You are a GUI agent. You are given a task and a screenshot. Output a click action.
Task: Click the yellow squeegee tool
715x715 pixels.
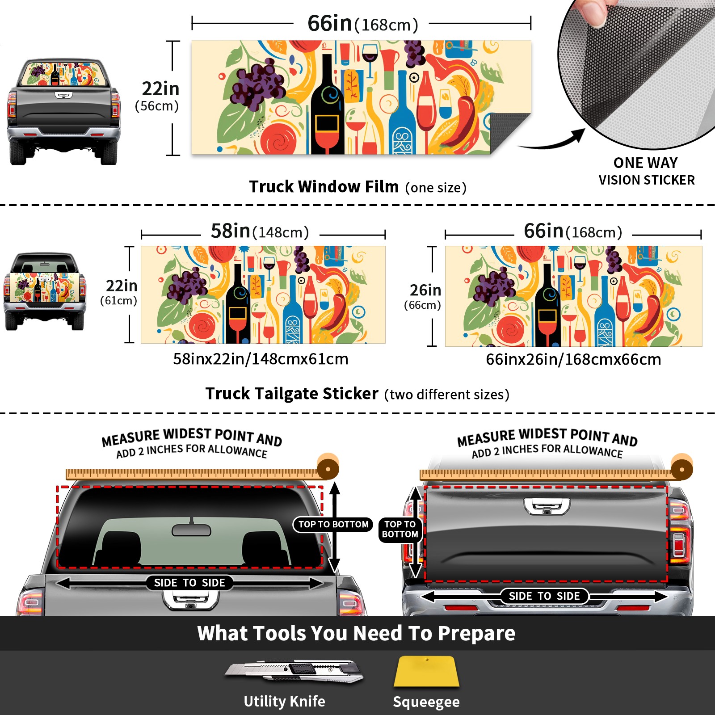tap(426, 671)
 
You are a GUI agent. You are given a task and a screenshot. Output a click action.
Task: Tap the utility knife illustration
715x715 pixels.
tap(294, 671)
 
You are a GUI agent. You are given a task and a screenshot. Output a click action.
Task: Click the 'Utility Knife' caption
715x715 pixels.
tap(284, 701)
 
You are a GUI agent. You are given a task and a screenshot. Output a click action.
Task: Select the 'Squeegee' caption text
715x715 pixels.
tap(426, 702)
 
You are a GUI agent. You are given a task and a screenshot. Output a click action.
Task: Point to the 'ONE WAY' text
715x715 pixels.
tap(645, 163)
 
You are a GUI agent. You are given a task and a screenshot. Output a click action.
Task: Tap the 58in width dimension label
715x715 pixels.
tap(260, 231)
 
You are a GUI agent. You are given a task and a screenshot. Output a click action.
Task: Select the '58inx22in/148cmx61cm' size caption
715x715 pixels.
tap(261, 359)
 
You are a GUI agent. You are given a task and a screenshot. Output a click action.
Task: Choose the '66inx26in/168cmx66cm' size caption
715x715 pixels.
tap(573, 359)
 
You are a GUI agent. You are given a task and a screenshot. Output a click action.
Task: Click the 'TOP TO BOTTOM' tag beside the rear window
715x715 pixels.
tap(333, 524)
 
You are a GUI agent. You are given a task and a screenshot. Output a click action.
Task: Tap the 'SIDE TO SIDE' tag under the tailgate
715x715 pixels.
tap(544, 596)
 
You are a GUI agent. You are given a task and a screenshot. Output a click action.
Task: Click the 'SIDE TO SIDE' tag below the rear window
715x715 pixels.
tap(189, 583)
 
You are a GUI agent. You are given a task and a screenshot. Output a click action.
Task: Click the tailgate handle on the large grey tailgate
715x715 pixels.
tap(547, 506)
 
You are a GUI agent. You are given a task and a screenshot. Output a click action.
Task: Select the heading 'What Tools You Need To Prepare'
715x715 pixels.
tap(356, 633)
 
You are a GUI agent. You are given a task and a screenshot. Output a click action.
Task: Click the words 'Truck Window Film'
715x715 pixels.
tap(324, 186)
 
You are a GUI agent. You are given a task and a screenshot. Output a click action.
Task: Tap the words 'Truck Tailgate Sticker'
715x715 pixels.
tap(292, 394)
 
